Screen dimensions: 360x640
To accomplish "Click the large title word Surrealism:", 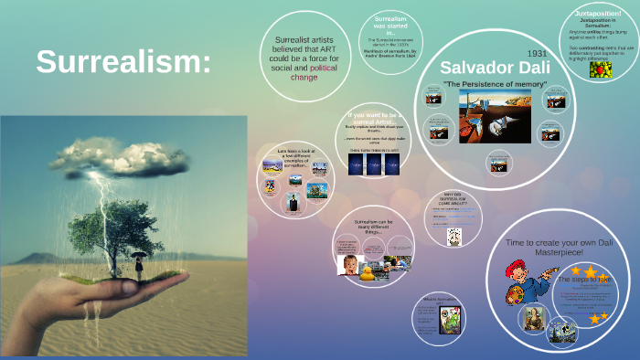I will click(x=123, y=62).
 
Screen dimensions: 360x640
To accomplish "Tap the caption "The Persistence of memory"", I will click(x=495, y=85).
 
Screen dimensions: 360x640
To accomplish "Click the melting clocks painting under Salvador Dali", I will click(x=495, y=114).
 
